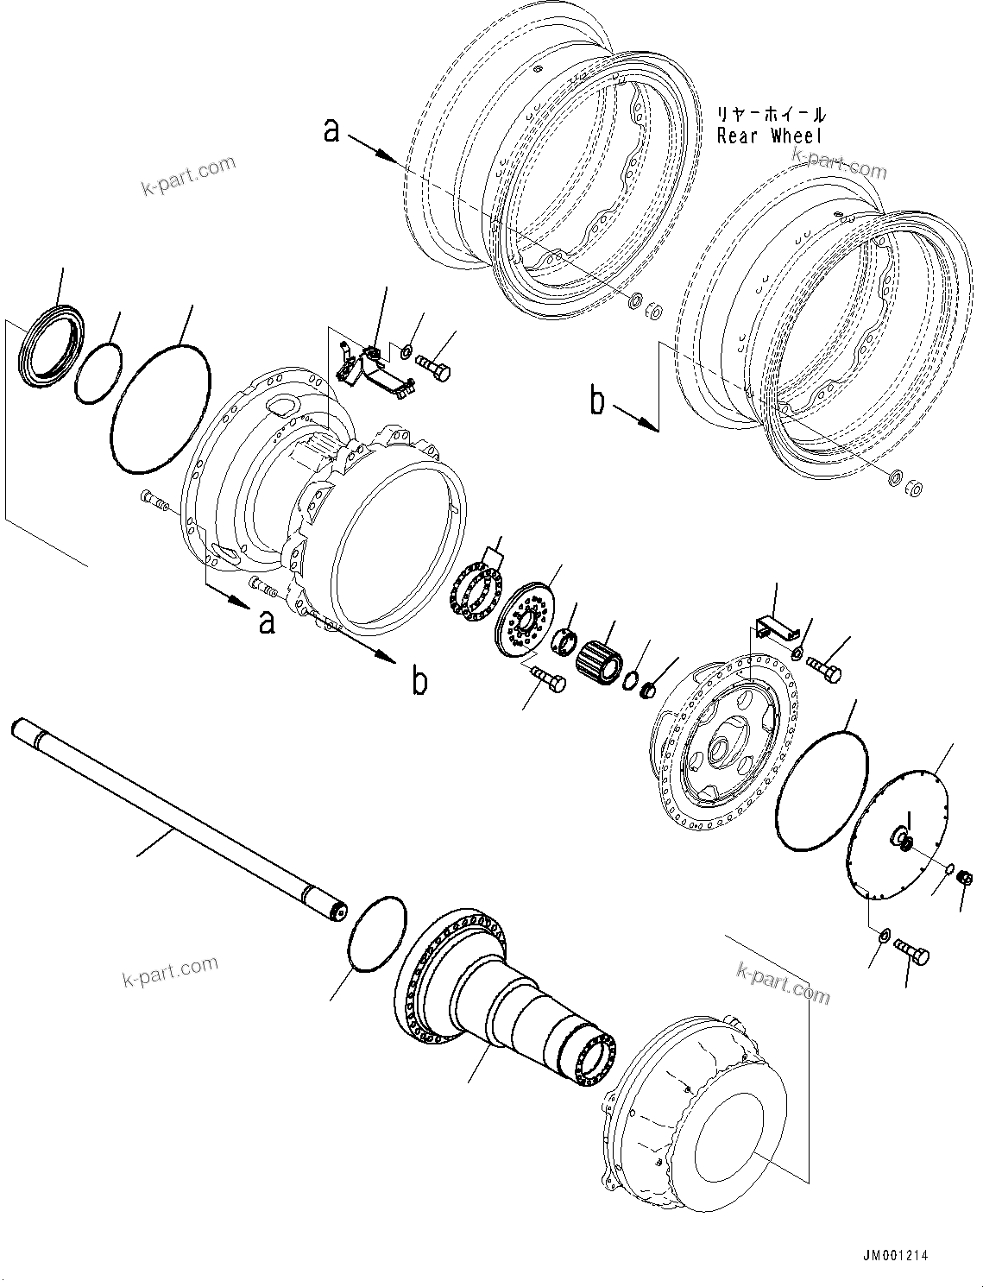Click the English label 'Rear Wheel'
point(770,136)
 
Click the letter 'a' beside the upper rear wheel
point(331,131)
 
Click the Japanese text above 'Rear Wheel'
point(770,114)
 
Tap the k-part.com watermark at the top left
point(188,175)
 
